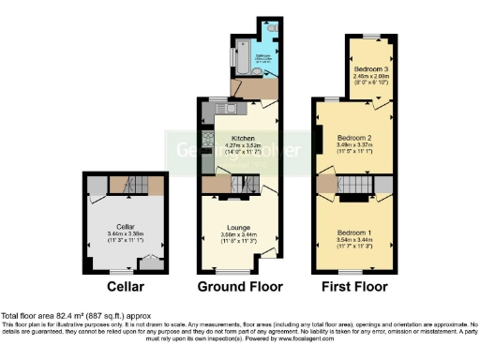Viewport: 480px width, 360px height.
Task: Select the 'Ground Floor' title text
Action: pos(235,286)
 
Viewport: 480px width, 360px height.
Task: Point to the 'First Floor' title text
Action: pos(354,286)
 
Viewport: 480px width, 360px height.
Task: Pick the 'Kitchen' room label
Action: pos(240,138)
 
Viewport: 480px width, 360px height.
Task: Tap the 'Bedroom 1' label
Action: pos(354,232)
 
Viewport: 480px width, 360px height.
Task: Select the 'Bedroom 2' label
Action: pos(356,139)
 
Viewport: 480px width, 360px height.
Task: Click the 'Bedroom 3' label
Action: pos(371,69)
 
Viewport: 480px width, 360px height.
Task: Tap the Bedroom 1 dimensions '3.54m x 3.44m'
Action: pos(354,239)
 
